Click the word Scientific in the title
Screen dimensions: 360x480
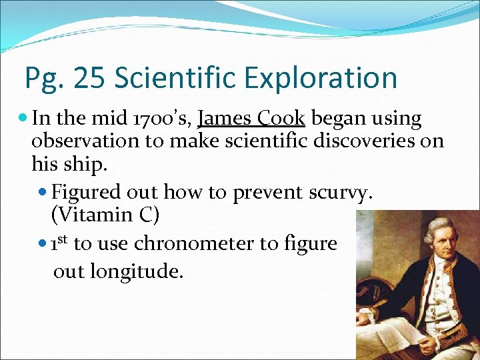point(177,78)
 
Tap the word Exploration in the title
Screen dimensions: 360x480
point(322,78)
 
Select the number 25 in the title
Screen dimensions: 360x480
point(89,78)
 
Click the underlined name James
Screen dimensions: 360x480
point(224,119)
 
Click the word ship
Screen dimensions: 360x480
point(77,163)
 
